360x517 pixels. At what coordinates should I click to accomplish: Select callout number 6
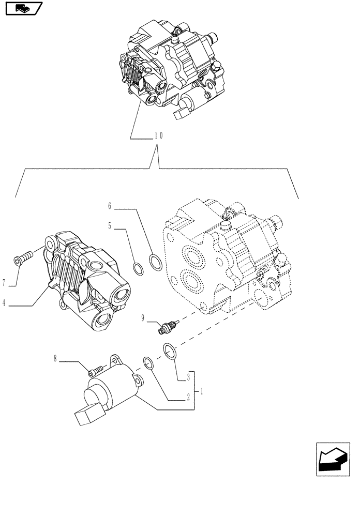tap(110, 206)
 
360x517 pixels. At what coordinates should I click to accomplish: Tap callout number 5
tap(110, 226)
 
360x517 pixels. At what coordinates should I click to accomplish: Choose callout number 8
tap(55, 358)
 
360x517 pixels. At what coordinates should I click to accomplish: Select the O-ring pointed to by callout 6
tap(155, 261)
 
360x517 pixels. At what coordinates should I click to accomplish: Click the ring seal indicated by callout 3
tap(170, 351)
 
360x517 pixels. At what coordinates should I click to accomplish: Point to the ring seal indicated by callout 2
tap(147, 363)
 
